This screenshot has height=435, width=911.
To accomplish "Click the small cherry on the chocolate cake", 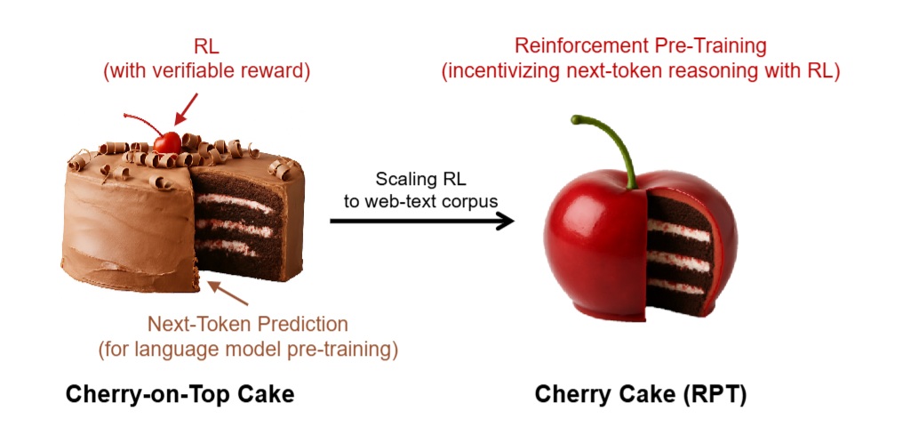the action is click(168, 142).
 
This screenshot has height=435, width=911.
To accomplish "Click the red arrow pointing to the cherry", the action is click(186, 109).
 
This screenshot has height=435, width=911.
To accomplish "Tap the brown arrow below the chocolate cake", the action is click(228, 293).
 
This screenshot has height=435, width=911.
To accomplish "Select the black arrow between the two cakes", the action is click(422, 221).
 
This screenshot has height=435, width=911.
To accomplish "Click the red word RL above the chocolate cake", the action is click(207, 46).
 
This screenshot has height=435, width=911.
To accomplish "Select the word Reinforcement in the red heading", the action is click(579, 46).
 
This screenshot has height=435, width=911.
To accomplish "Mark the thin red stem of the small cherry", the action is click(145, 120).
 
